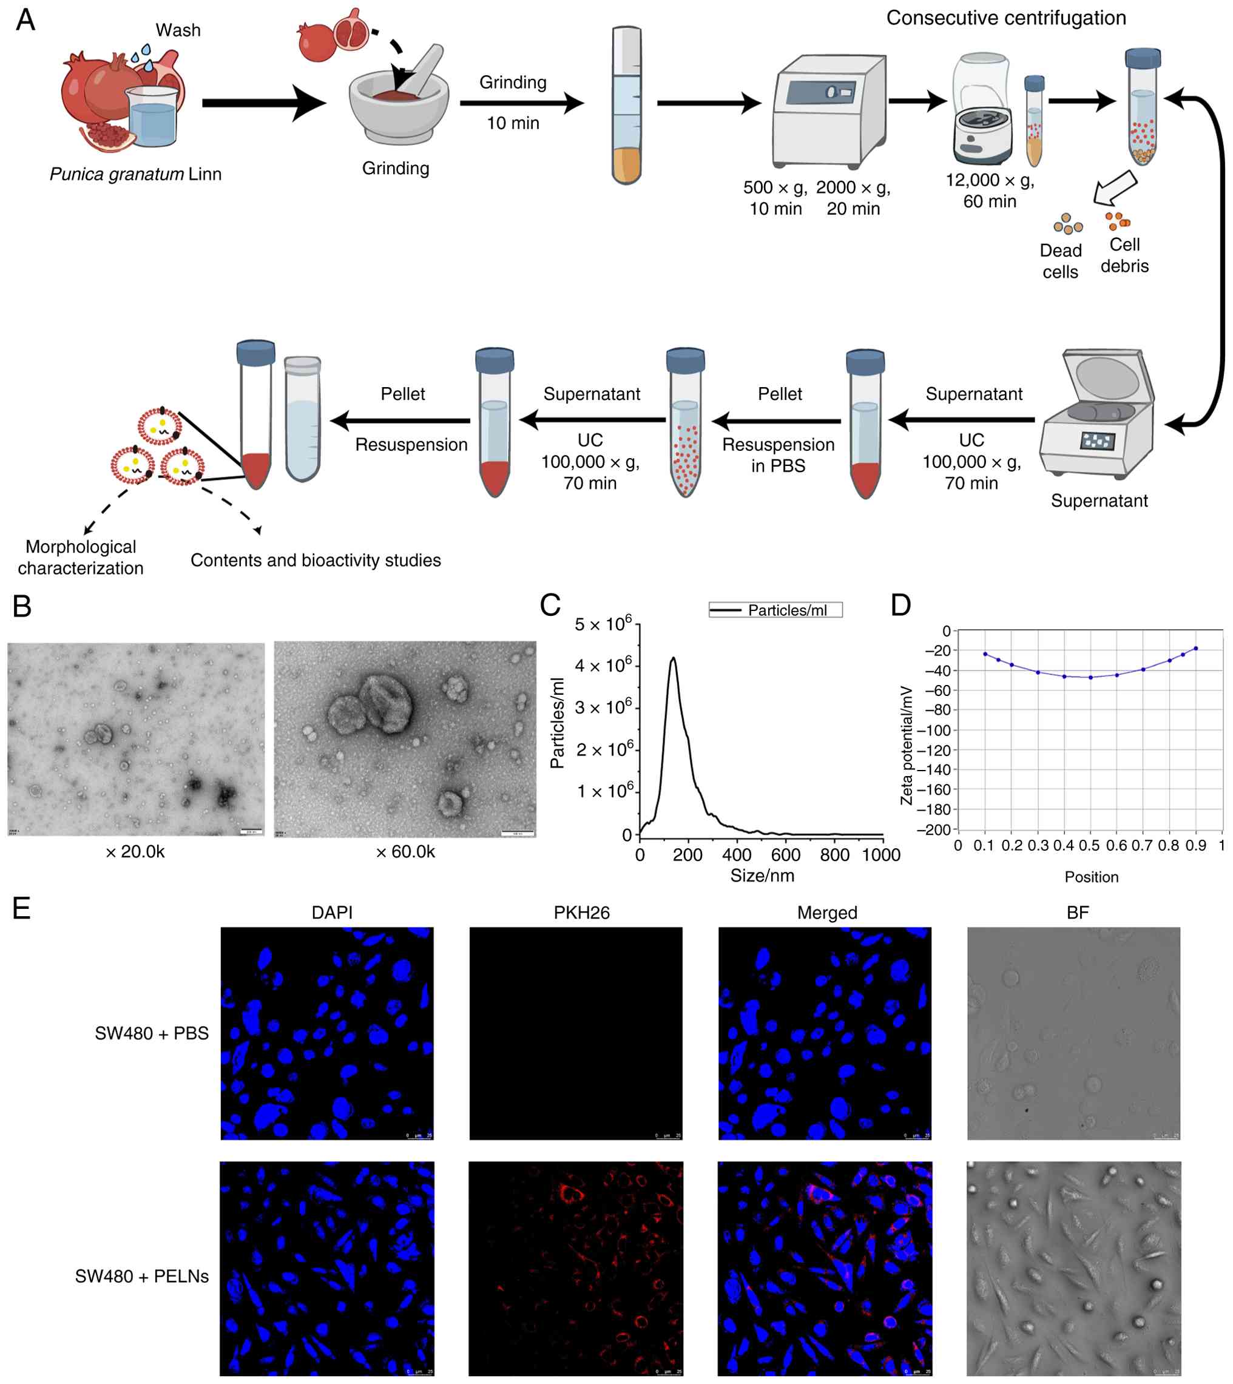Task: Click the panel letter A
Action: [25, 20]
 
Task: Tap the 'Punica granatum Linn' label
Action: [135, 174]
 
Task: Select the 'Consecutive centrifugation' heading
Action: [1005, 18]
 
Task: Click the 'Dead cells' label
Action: [1059, 261]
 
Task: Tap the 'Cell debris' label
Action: [1124, 255]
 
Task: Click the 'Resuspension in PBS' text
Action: [778, 454]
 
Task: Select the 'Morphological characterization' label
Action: [81, 557]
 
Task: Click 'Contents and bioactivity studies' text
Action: [315, 560]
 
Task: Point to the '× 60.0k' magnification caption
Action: [405, 851]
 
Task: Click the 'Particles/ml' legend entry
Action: [786, 610]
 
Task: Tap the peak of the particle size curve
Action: [673, 658]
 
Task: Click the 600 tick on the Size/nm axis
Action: [786, 855]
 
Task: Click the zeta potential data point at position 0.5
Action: [1090, 677]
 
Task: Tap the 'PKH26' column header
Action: [581, 913]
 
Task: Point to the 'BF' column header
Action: [1077, 913]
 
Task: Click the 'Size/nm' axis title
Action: [762, 876]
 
